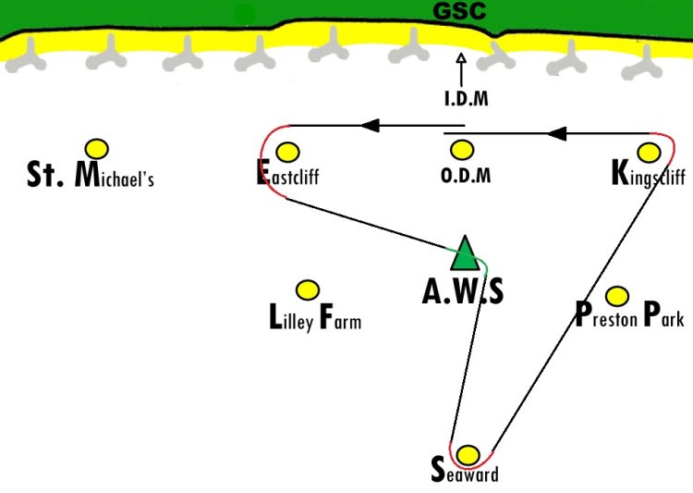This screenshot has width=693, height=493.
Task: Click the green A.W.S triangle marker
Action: [x=465, y=253]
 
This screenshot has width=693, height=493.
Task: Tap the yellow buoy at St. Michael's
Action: [x=97, y=149]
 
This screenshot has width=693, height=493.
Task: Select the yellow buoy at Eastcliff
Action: [x=287, y=153]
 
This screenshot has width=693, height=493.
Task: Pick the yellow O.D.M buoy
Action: [x=462, y=150]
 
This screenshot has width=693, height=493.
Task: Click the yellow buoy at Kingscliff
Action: [x=649, y=153]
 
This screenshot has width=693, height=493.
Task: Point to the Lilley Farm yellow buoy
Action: [x=308, y=290]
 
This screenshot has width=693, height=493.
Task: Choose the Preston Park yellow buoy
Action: [x=617, y=296]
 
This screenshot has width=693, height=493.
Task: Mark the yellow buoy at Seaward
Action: [x=468, y=455]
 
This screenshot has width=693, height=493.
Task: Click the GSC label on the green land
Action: [x=459, y=10]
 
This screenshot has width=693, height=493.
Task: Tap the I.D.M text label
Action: [x=467, y=98]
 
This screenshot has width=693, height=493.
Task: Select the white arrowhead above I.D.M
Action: [x=461, y=58]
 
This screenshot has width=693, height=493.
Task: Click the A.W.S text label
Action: [x=463, y=292]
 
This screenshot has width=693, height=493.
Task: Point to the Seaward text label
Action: [x=465, y=471]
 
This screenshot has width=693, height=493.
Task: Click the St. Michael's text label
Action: [x=91, y=175]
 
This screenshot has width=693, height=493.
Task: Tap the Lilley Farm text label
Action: [x=315, y=317]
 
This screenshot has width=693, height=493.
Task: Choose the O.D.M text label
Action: [x=466, y=176]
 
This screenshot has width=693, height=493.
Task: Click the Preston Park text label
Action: [x=629, y=314]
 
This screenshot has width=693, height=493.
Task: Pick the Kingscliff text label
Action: [x=649, y=174]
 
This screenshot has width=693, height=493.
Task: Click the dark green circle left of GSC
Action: [x=245, y=15]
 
